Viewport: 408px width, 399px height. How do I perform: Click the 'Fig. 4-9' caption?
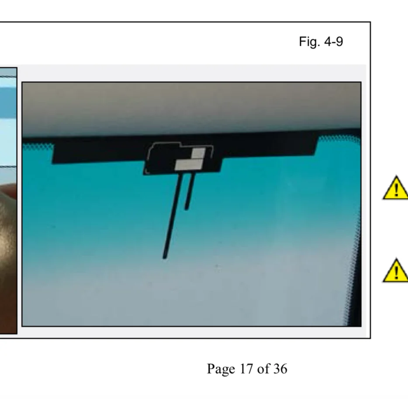tap(321, 41)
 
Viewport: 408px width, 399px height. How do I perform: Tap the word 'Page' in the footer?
tap(221, 369)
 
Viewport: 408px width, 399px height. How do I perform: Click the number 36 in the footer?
tap(280, 369)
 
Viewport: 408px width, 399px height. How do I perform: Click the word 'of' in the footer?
tap(263, 368)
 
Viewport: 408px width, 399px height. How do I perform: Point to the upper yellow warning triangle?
tap(395, 188)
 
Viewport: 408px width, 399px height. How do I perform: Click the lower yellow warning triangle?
tap(395, 271)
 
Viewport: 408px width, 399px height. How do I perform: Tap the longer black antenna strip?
tap(173, 216)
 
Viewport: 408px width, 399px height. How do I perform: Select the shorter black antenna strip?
tap(190, 192)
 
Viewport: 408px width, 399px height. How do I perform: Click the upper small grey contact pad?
tap(198, 153)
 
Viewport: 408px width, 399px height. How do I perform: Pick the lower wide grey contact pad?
tap(189, 165)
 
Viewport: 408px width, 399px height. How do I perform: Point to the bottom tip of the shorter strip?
tap(186, 209)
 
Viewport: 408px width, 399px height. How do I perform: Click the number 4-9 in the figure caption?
tap(334, 41)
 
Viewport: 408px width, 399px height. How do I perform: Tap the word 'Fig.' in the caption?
tap(309, 42)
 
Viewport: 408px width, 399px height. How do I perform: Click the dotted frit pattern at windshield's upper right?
tap(338, 140)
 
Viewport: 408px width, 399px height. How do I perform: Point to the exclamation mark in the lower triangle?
tap(396, 272)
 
